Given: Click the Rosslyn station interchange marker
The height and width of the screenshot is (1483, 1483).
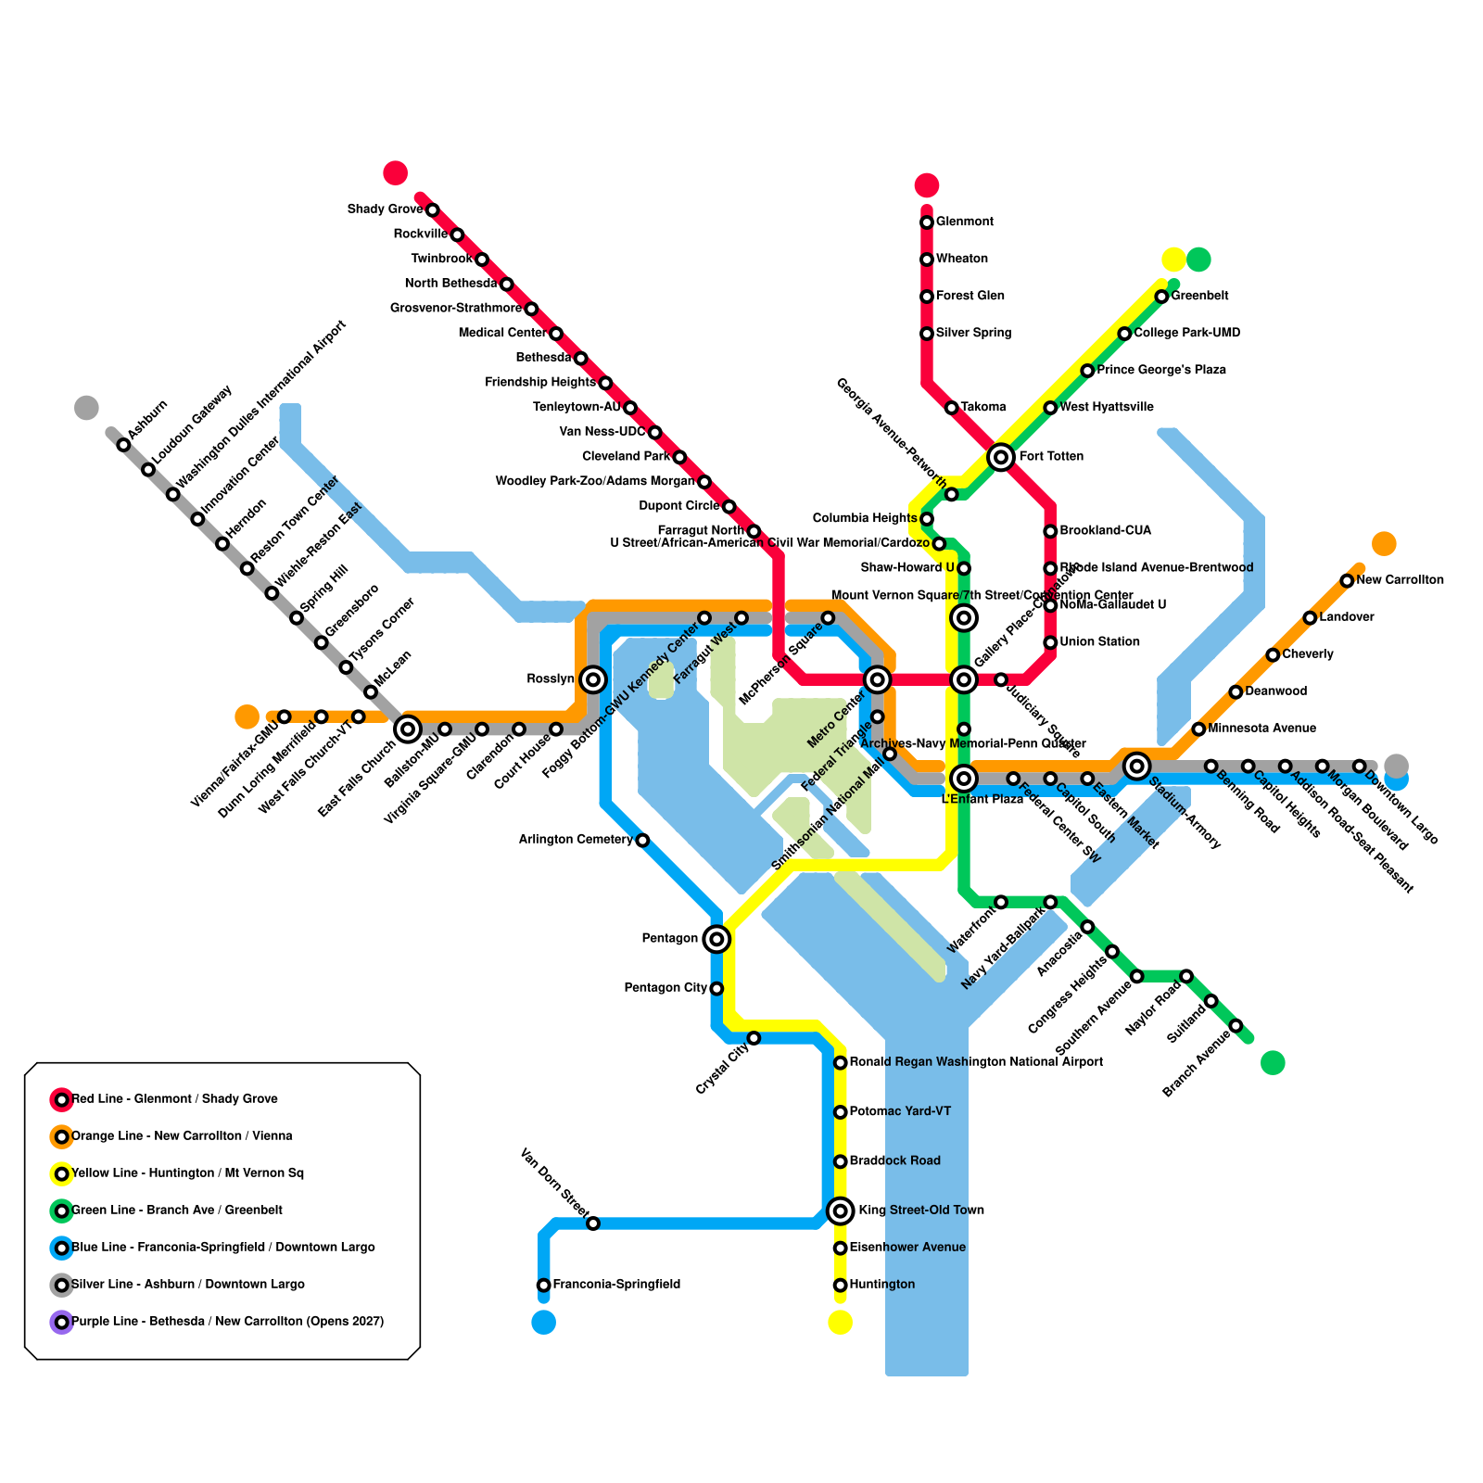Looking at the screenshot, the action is click(593, 679).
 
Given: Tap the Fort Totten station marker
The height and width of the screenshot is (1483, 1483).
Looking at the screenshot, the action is click(1000, 457).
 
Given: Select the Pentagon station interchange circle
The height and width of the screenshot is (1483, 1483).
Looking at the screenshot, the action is click(716, 939).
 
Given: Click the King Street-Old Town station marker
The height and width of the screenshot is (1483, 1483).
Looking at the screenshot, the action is click(840, 1210).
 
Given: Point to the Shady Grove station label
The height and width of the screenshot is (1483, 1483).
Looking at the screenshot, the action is click(385, 209).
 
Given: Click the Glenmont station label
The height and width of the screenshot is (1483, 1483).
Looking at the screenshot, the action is click(964, 222).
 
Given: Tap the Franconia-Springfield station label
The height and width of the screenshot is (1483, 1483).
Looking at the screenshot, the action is click(616, 1285).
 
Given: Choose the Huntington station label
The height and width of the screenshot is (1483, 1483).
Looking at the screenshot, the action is click(881, 1285).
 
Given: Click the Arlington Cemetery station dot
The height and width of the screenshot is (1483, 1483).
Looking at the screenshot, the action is click(642, 841).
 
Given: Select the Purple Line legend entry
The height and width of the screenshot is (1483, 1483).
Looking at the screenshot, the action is click(227, 1322).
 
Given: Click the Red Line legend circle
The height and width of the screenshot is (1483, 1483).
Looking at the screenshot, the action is click(61, 1099).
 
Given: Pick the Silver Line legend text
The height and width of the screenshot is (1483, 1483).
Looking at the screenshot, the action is click(188, 1285).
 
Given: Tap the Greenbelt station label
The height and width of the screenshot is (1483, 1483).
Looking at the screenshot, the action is click(1199, 297).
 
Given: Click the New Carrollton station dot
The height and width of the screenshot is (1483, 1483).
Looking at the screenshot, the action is click(1347, 580).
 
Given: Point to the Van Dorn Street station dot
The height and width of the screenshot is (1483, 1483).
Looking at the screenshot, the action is click(593, 1223).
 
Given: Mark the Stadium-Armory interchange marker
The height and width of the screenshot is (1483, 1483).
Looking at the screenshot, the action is click(1137, 766).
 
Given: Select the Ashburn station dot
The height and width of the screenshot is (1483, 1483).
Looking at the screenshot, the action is click(123, 445).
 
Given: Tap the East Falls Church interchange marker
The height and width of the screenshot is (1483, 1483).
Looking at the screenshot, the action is click(408, 729).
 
